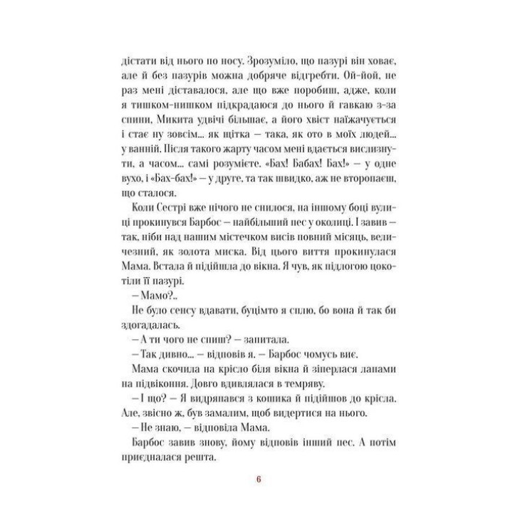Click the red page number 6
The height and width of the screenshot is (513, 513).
259,478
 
